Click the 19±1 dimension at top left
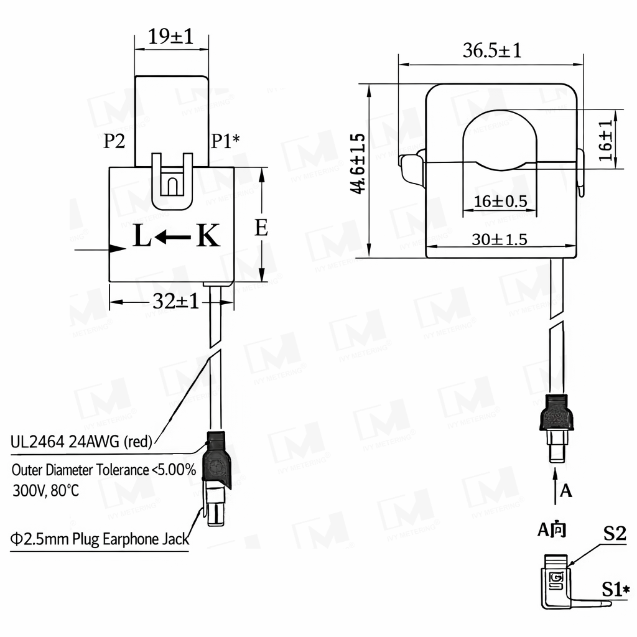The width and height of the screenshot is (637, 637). click(x=170, y=37)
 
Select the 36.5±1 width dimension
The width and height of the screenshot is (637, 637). click(x=491, y=50)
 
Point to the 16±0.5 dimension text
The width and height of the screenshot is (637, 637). click(x=500, y=202)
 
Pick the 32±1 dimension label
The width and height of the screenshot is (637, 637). click(x=176, y=302)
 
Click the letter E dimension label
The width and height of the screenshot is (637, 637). click(x=261, y=228)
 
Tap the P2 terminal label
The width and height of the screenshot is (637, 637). click(x=114, y=141)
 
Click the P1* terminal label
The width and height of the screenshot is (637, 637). click(x=225, y=141)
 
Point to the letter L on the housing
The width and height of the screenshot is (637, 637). click(x=142, y=236)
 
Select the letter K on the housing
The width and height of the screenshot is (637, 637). click(x=208, y=236)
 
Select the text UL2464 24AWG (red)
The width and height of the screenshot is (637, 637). click(x=81, y=442)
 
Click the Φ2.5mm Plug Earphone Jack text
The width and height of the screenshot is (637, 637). click(x=100, y=539)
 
